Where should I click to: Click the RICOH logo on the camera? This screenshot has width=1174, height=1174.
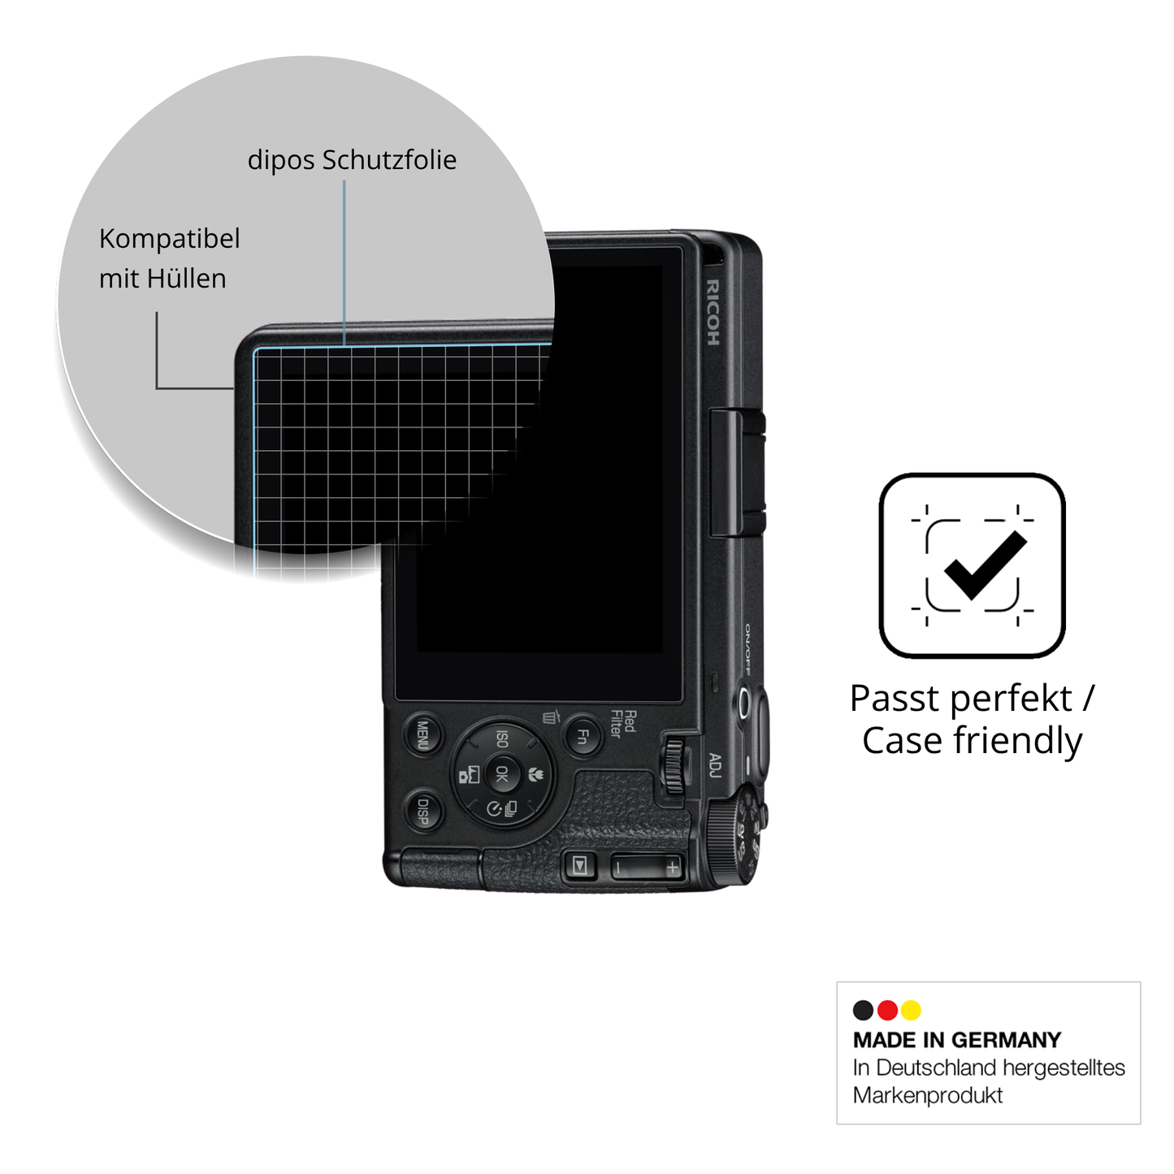(713, 313)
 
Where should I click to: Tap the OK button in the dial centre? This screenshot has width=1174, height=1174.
(502, 773)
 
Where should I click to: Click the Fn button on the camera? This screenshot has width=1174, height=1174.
(583, 736)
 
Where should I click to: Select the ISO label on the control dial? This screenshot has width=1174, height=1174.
(501, 739)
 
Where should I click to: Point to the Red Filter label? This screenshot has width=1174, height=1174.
(623, 724)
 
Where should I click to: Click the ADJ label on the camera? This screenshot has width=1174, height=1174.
(715, 765)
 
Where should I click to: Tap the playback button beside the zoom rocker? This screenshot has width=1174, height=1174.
(580, 864)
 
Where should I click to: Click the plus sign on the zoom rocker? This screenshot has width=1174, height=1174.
(672, 866)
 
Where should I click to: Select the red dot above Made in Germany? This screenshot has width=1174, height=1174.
(887, 1010)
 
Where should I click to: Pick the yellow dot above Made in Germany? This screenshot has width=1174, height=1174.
(911, 1010)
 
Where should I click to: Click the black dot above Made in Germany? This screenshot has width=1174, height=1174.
(864, 1010)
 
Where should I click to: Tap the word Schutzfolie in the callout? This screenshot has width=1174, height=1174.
(389, 161)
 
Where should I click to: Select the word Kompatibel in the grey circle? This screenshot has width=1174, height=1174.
(169, 239)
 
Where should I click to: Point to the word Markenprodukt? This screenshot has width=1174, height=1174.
(927, 1095)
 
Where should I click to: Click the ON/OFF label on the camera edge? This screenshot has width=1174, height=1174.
(747, 648)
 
